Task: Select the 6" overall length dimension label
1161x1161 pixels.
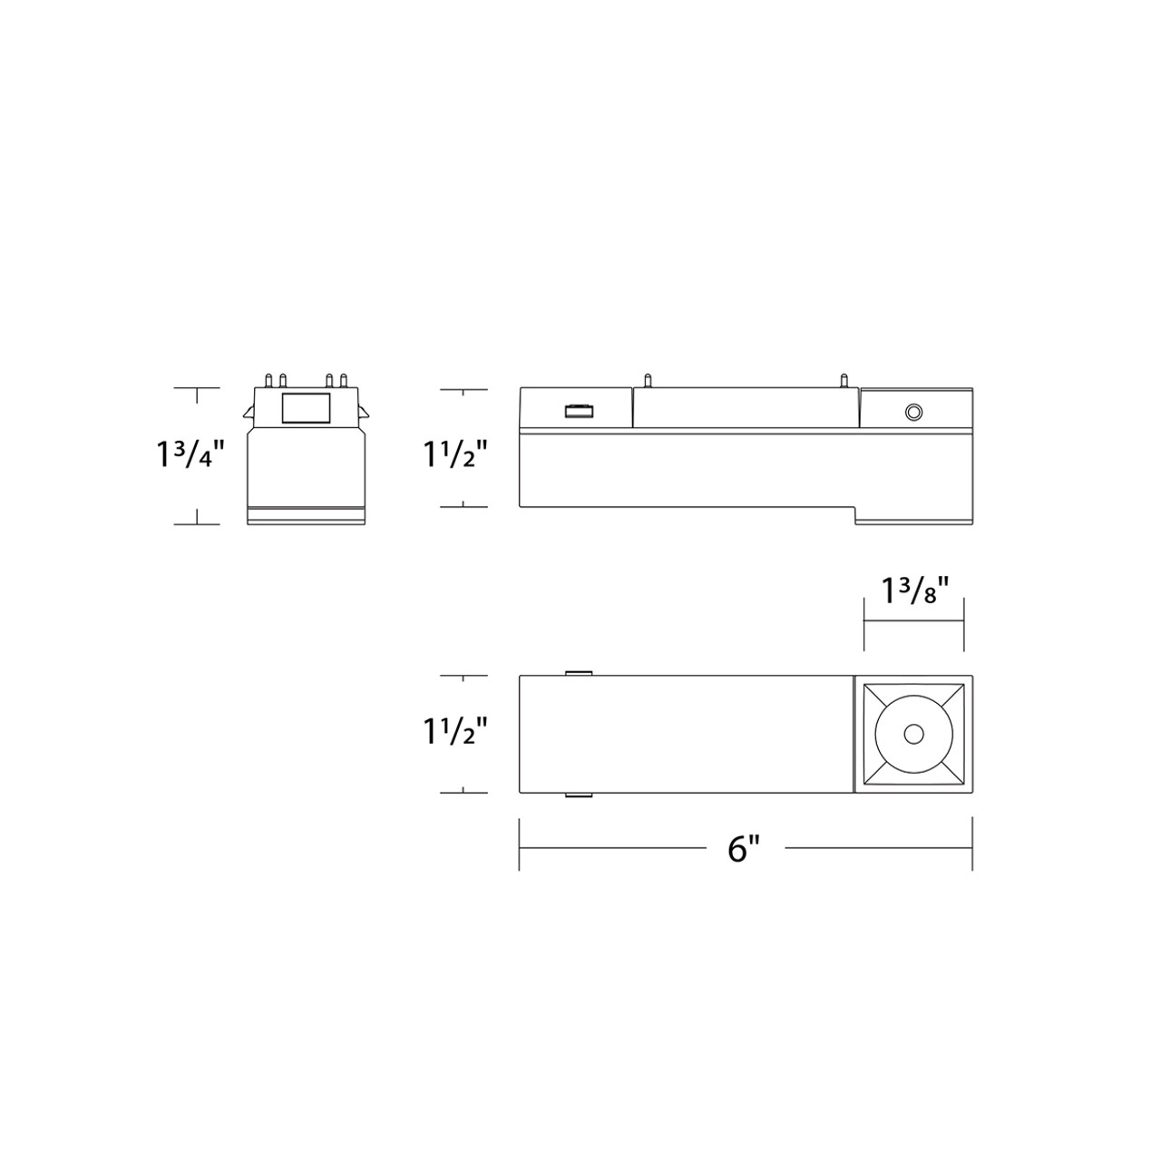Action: [x=743, y=849]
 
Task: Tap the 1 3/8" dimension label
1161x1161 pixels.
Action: [x=914, y=590]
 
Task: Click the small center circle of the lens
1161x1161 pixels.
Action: [x=913, y=733]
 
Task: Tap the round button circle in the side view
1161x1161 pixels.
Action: [x=913, y=413]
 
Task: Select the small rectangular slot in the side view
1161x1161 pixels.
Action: [x=578, y=413]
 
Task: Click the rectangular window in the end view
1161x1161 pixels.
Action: [x=307, y=409]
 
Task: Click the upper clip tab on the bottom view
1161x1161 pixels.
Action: [x=578, y=673]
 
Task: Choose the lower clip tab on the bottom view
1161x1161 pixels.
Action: [x=578, y=795]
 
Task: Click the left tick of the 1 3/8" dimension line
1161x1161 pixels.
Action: [x=863, y=623]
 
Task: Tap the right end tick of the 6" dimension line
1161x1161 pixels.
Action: [x=971, y=844]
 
